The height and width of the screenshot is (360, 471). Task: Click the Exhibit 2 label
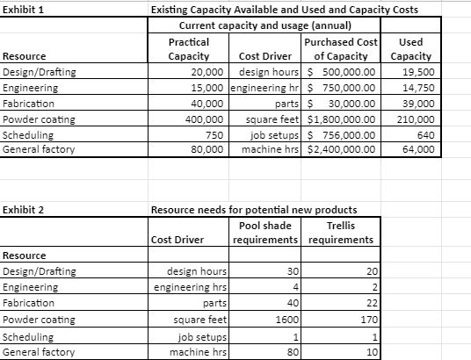(25, 210)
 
